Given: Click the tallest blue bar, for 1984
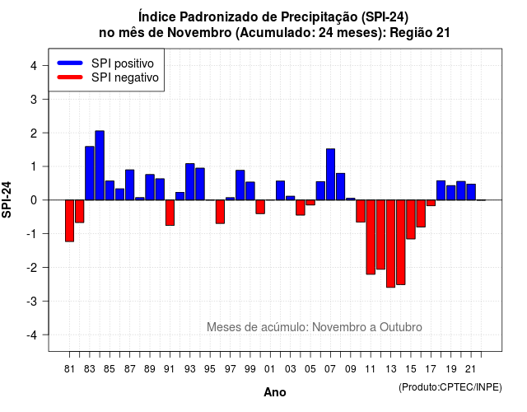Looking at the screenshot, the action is point(100,166).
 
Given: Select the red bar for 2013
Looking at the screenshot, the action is point(390,244).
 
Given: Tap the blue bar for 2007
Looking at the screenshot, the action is point(330,174).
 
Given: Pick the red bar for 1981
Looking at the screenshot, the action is point(69,221).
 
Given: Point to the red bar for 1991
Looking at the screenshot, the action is point(170,213).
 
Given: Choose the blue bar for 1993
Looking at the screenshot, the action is point(190,181).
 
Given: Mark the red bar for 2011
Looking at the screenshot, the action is point(371,237).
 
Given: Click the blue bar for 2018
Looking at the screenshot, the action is point(441,190).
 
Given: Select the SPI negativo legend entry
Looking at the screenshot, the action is point(108,77).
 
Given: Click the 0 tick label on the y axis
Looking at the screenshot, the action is point(34,200).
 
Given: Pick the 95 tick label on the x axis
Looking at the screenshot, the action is point(209,369).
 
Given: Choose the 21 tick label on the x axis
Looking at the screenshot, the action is point(470,369).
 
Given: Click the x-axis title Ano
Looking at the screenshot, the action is point(275,392).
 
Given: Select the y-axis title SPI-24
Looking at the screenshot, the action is point(7,199).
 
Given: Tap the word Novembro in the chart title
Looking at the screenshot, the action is point(199,33).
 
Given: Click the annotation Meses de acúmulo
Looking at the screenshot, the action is point(256,327).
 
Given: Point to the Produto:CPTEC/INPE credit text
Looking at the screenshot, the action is point(450,387).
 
